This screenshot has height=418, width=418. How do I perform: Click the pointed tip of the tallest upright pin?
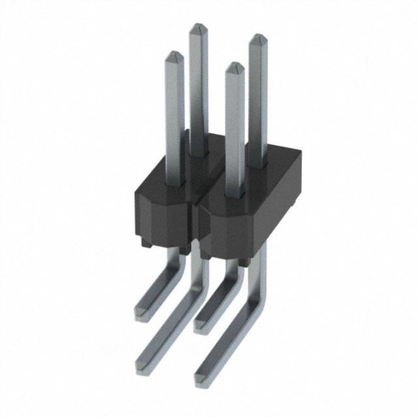[x=198, y=28]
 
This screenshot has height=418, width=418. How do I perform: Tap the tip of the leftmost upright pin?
[x=174, y=54]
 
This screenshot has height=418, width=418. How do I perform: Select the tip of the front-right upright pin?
[x=234, y=66]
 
